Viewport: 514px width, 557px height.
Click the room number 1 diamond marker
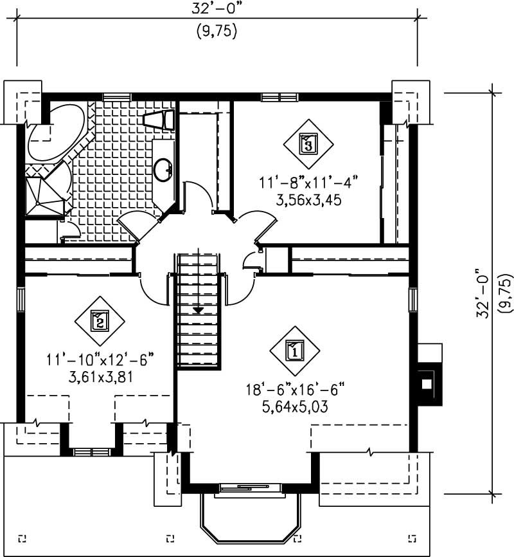point(294,351)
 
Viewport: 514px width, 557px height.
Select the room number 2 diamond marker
point(99,320)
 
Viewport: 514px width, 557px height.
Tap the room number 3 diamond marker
point(308,142)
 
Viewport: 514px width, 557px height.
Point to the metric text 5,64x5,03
point(295,406)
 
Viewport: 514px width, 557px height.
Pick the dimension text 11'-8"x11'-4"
point(308,183)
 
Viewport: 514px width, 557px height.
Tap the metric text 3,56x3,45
point(308,200)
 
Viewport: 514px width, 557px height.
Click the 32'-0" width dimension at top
point(217,8)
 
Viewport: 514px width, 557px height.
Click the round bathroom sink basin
point(163,170)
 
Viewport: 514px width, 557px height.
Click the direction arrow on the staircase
point(199,309)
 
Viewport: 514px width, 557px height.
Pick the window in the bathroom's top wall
point(117,96)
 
